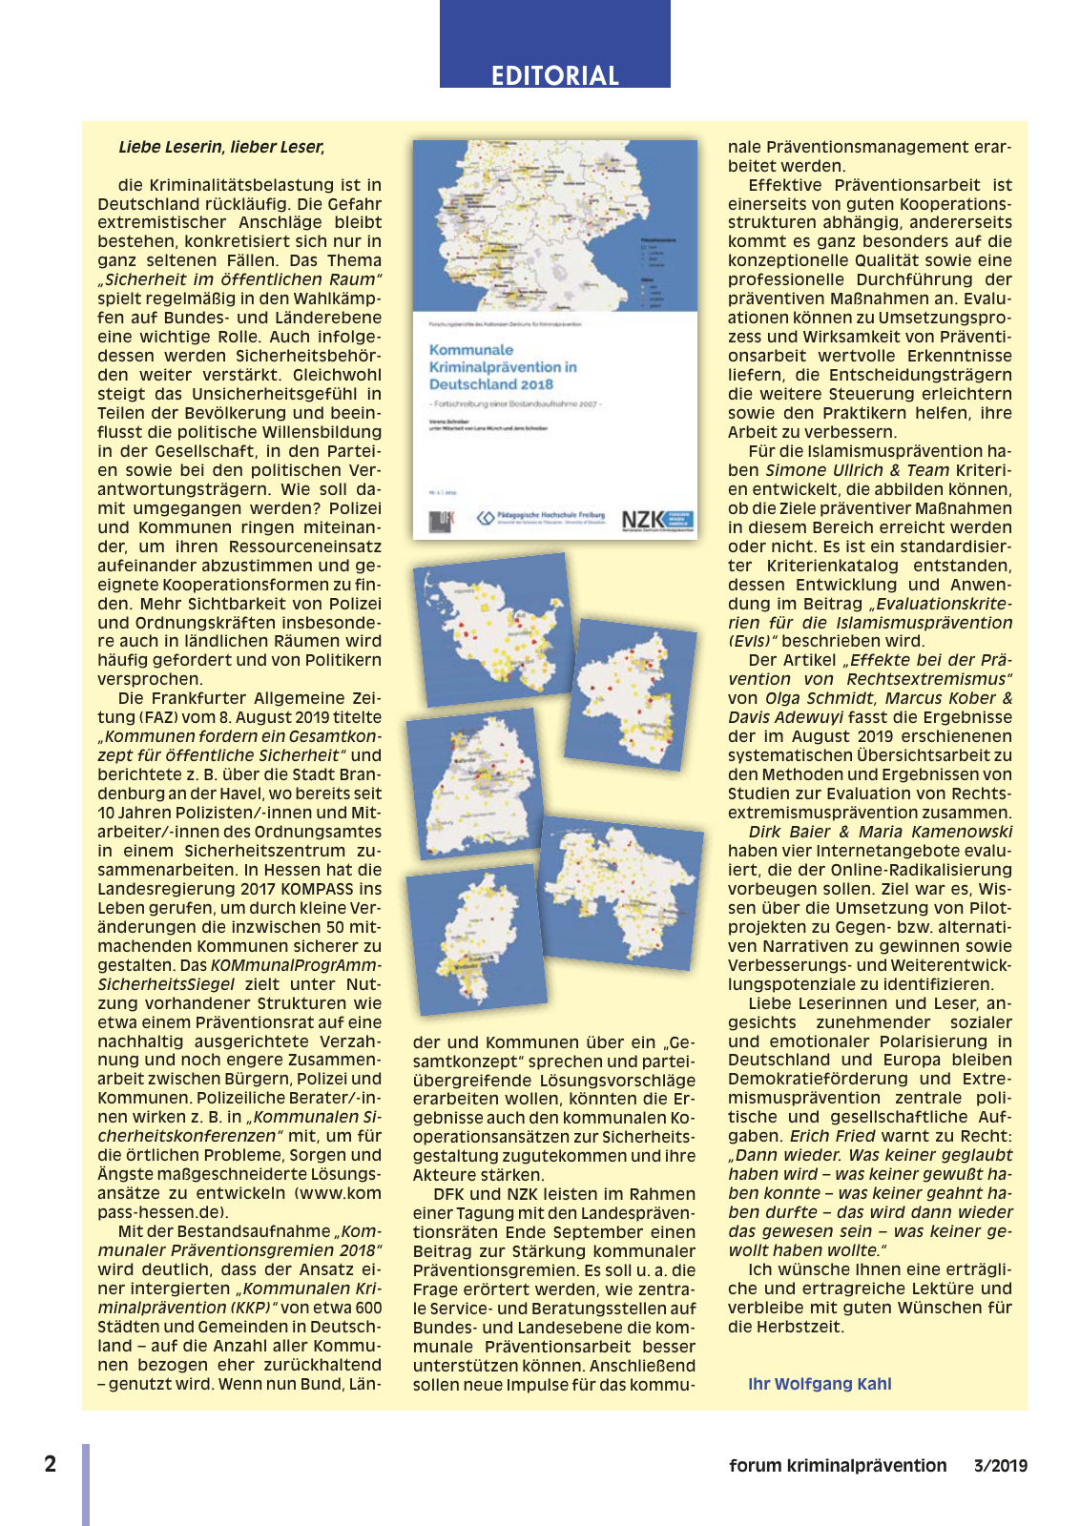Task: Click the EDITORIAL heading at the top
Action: (554, 75)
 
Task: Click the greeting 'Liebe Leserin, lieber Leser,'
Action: (221, 147)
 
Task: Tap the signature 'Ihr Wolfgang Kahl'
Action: (820, 1384)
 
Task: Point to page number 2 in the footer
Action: (51, 1464)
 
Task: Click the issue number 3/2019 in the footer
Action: (1001, 1466)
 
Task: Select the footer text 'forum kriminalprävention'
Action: (838, 1466)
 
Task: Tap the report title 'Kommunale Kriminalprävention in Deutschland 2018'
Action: (503, 367)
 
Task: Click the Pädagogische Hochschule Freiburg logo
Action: (541, 518)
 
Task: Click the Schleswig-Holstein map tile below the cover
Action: (492, 629)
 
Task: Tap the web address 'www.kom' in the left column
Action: (338, 1193)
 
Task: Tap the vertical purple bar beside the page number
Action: (86, 1484)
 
